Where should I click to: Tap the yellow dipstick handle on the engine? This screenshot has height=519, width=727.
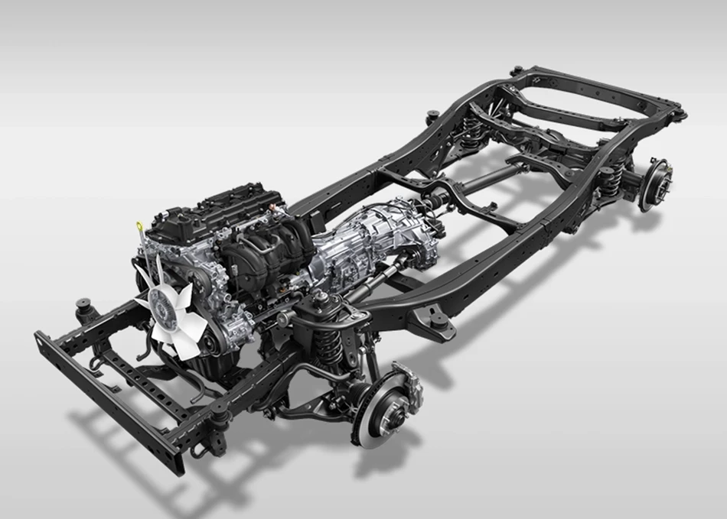pos(139,225)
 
